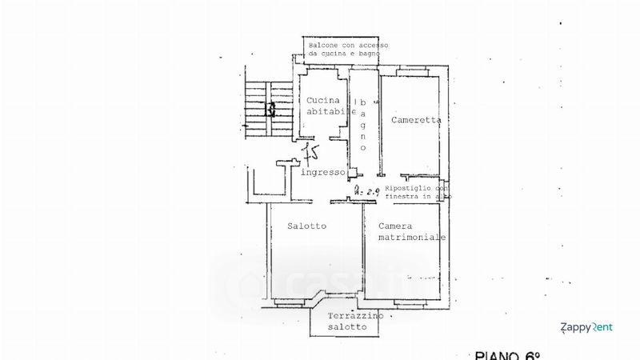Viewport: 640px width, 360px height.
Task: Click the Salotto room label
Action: coord(306,226)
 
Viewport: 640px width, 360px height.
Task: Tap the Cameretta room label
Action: coord(416,120)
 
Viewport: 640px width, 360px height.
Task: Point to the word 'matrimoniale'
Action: coord(412,238)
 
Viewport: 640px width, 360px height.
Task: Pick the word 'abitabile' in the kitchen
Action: coord(330,112)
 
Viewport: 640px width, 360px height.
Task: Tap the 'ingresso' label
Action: coord(322,172)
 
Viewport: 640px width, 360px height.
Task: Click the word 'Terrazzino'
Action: coord(356,316)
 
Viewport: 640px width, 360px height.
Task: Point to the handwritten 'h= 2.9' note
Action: coord(366,191)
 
